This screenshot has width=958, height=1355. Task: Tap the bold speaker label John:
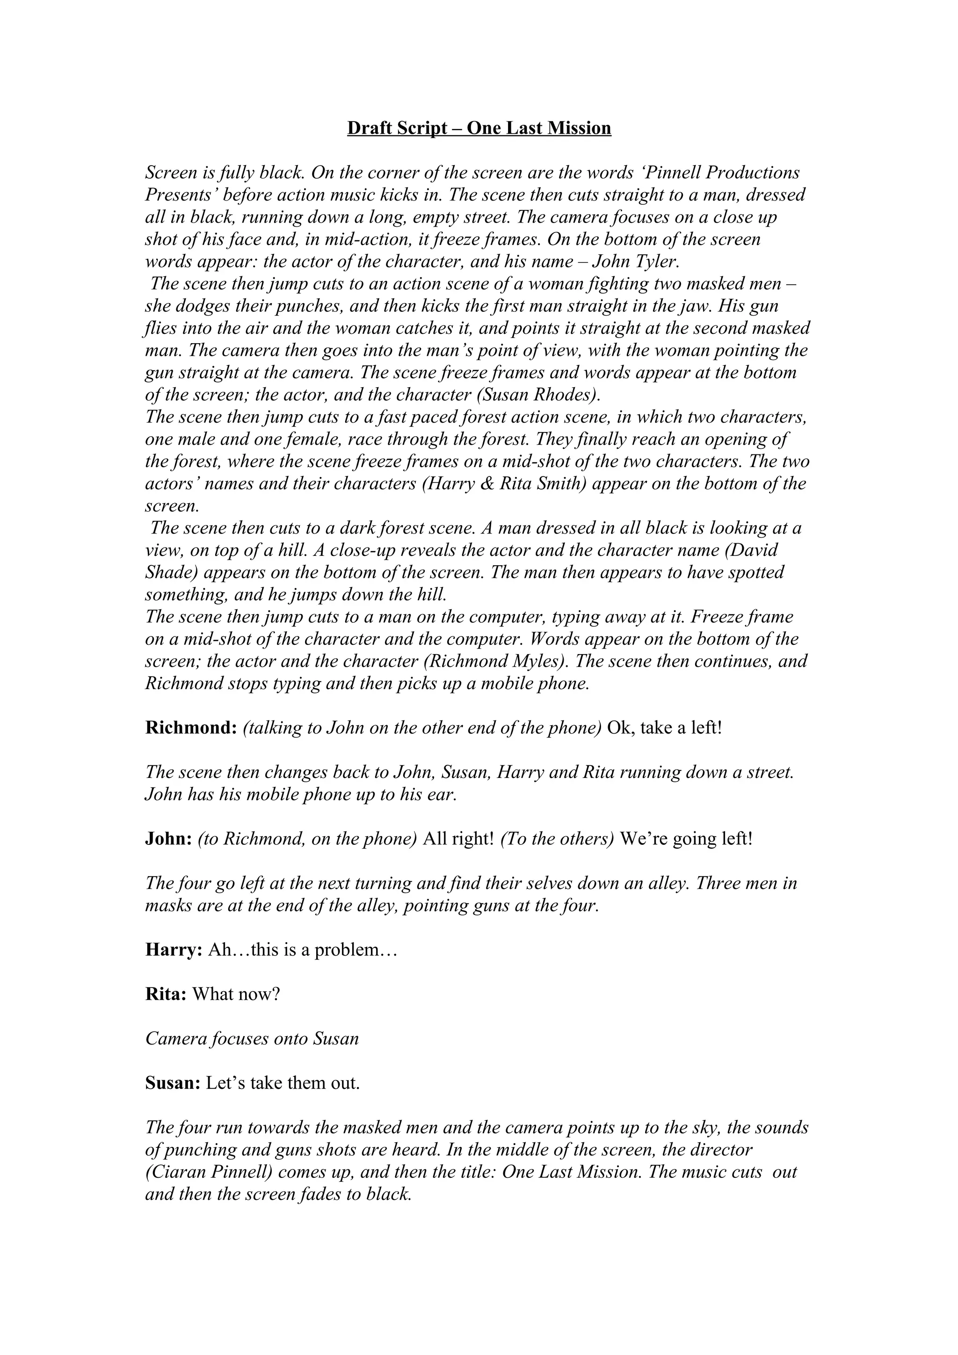169,839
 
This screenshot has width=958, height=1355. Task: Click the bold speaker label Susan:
173,1083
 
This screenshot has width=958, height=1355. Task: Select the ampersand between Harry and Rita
489,484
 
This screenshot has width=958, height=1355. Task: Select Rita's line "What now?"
236,995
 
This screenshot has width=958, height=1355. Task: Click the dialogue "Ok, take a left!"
665,728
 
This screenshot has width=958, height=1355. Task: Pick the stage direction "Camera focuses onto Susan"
252,1038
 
